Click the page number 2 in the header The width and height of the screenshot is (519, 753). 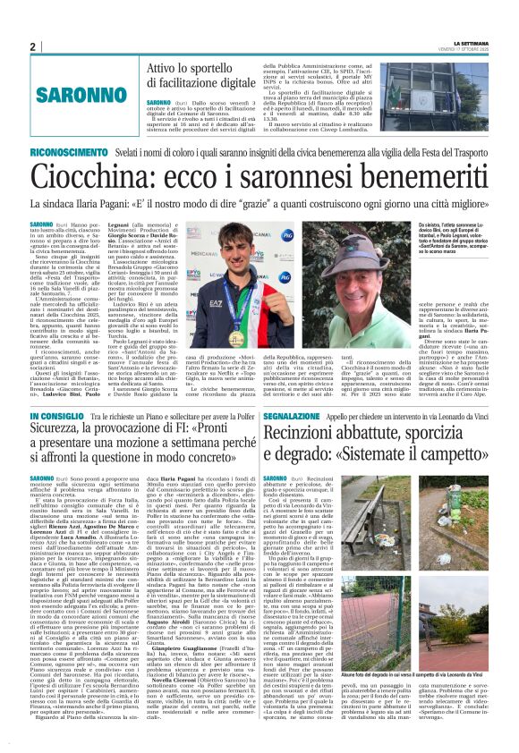[32, 47]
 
